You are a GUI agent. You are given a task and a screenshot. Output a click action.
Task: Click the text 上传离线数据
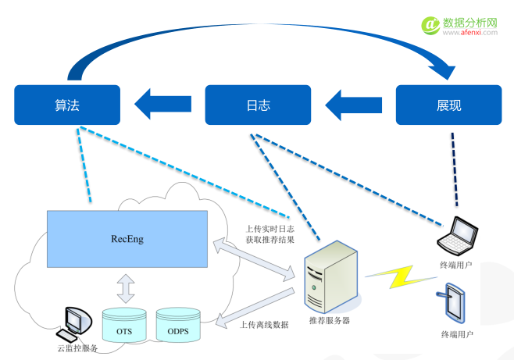[x=265, y=324]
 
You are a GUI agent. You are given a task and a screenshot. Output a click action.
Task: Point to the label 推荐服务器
[x=329, y=320]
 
